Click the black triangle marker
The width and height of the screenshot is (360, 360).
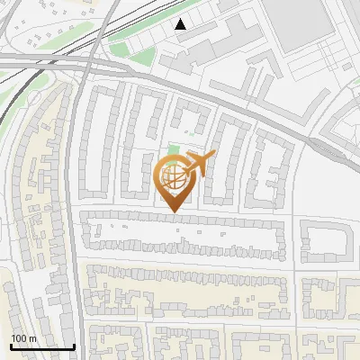[x=181, y=24]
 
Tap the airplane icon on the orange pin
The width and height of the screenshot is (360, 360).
[x=200, y=165]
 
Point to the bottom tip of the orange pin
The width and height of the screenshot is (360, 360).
[x=175, y=212]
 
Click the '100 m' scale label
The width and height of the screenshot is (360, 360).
[x=23, y=338]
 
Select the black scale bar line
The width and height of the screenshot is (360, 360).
[x=42, y=346]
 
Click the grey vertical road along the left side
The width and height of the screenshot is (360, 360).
[x=77, y=225]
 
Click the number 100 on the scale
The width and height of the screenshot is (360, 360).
[x=19, y=338]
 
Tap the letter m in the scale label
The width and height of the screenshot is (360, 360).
[x=32, y=338]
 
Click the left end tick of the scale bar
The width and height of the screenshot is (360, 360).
[x=11, y=345]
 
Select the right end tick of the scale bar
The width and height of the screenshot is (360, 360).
[x=75, y=345]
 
